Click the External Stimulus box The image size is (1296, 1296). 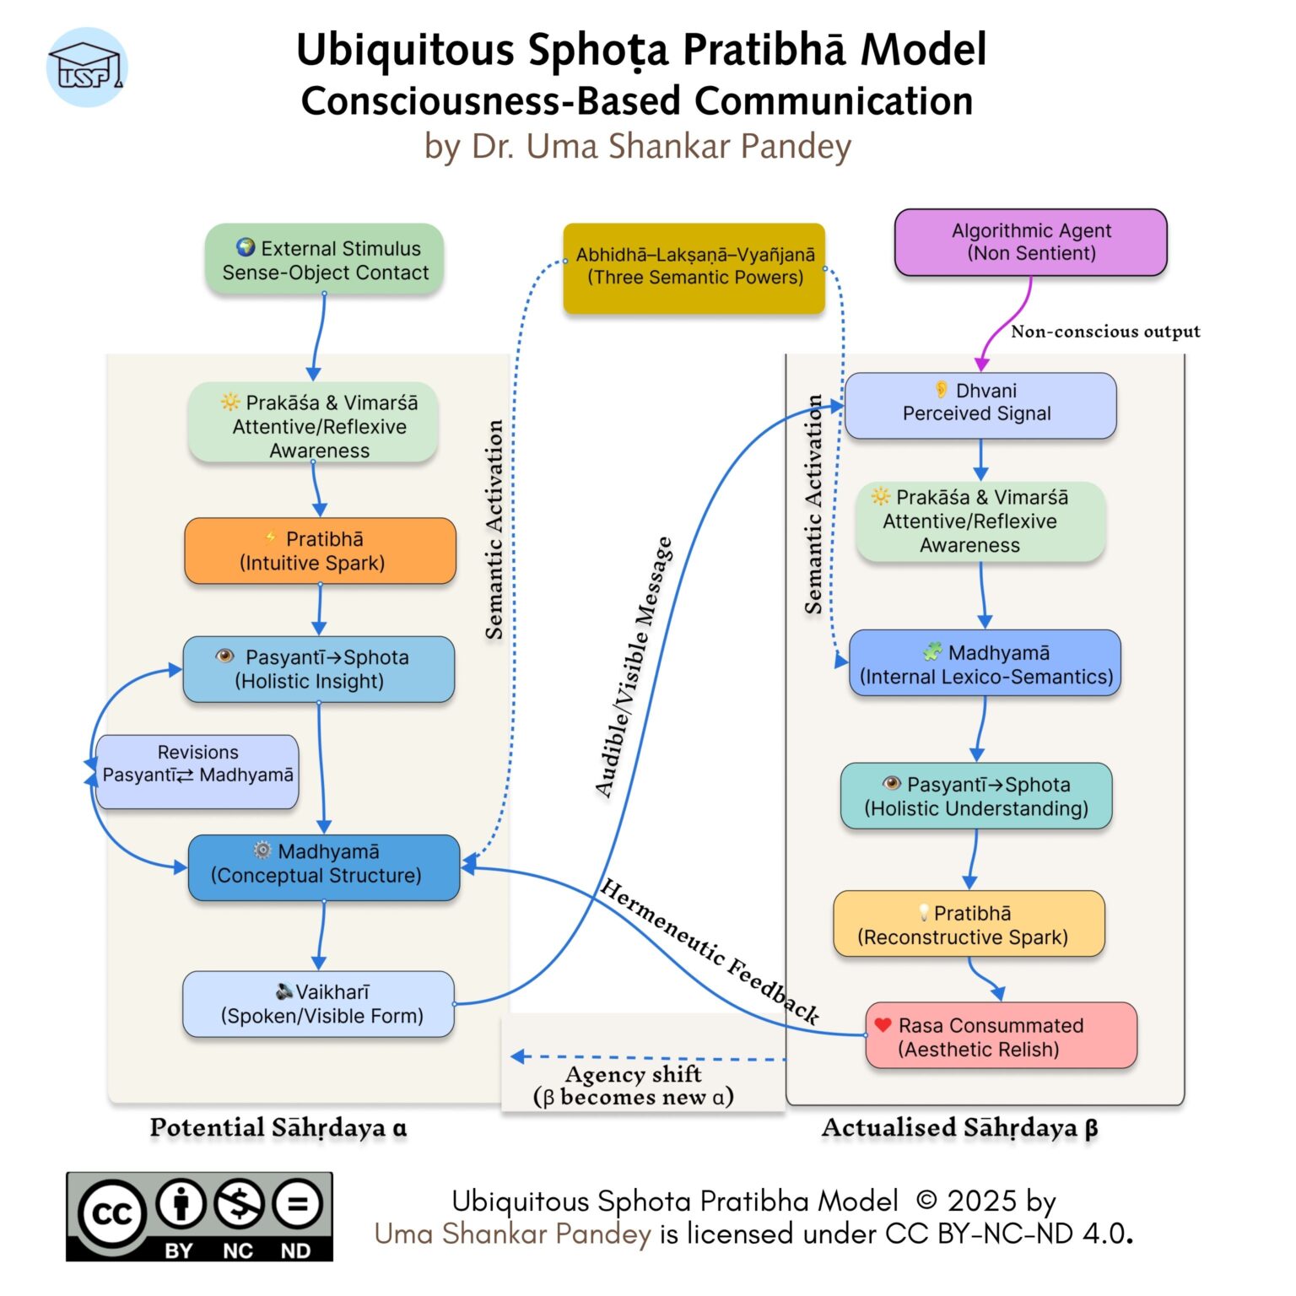(324, 260)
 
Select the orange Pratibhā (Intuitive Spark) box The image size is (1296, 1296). (320, 551)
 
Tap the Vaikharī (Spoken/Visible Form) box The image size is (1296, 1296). (318, 1004)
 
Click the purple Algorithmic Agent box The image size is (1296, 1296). (1030, 243)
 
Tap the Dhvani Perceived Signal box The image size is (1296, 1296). (980, 406)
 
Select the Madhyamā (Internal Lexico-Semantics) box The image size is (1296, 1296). (985, 663)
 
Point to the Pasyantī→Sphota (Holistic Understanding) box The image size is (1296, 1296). (975, 796)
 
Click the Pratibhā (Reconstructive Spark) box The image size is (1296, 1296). (968, 924)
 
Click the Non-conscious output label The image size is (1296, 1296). (1104, 332)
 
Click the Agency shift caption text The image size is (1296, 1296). (634, 1085)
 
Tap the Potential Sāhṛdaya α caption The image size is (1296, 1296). (278, 1128)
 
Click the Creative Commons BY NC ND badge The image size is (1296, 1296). (199, 1216)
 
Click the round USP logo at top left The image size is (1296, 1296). (87, 68)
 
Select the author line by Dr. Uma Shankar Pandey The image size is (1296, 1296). (638, 147)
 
